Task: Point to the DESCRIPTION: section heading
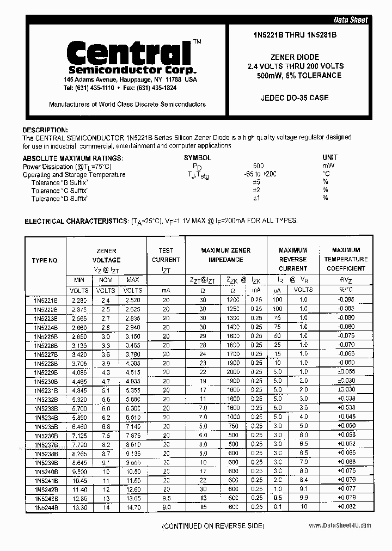click(45, 130)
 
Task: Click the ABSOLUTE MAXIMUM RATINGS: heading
click(72, 158)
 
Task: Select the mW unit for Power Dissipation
click(329, 166)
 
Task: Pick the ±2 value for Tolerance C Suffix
click(256, 190)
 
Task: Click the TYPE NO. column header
click(45, 260)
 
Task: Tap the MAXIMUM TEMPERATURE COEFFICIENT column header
click(346, 259)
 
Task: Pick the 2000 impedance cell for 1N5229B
click(232, 372)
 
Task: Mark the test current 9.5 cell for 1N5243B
click(166, 498)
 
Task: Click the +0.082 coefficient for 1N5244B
click(346, 507)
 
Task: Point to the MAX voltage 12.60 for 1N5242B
click(133, 489)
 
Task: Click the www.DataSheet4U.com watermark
click(340, 525)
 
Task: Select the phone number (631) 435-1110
click(89, 88)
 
